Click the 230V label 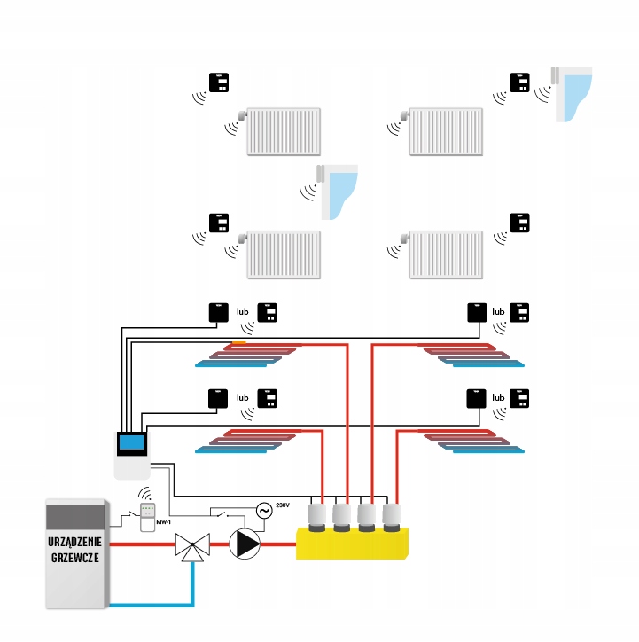tap(283, 505)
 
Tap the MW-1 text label tap(163, 522)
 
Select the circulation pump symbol tap(245, 544)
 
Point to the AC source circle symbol tap(264, 511)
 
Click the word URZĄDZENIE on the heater tap(74, 542)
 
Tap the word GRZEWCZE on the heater tap(74, 558)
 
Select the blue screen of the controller tap(132, 442)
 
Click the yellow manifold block tap(352, 544)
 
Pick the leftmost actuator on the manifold tap(316, 518)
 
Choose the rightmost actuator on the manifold tap(392, 518)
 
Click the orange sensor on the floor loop tap(239, 342)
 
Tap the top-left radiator tap(284, 131)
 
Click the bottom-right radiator tap(446, 254)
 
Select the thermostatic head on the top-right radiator tap(405, 115)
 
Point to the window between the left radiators tap(338, 192)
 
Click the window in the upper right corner tap(572, 94)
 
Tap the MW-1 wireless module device tap(147, 517)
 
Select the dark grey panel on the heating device tap(75, 517)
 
